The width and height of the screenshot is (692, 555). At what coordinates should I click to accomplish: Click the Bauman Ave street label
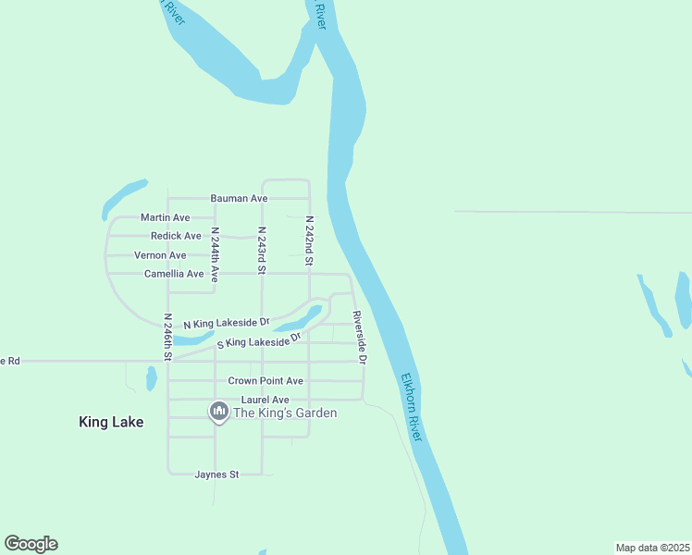pos(239,199)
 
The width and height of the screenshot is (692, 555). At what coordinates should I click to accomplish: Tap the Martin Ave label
pos(165,217)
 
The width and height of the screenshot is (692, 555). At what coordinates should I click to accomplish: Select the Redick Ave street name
pos(176,236)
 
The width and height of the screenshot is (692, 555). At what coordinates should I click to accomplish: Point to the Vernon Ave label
pos(160,255)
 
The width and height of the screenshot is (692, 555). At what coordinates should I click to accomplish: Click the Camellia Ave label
pos(174,274)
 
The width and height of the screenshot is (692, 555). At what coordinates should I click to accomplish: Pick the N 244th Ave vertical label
pos(215,254)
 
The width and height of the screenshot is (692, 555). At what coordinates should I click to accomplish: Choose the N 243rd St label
pos(262,249)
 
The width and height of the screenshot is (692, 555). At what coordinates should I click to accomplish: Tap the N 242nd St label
pos(309,241)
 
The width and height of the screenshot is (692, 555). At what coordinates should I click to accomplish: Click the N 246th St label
pos(168,336)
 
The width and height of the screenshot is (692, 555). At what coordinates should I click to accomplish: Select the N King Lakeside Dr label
pos(227,324)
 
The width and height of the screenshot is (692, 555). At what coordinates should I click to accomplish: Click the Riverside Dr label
pos(358,337)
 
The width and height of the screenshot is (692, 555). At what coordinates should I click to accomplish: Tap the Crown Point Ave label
pos(266,381)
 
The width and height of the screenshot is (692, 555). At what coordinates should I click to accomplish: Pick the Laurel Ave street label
pos(259,400)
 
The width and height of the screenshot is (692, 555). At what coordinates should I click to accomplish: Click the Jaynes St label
pos(216,475)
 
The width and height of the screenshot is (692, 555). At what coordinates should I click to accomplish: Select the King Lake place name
pos(111,422)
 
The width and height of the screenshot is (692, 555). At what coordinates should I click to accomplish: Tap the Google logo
pos(31,544)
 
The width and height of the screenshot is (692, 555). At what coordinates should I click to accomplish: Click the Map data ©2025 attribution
pos(651,548)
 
